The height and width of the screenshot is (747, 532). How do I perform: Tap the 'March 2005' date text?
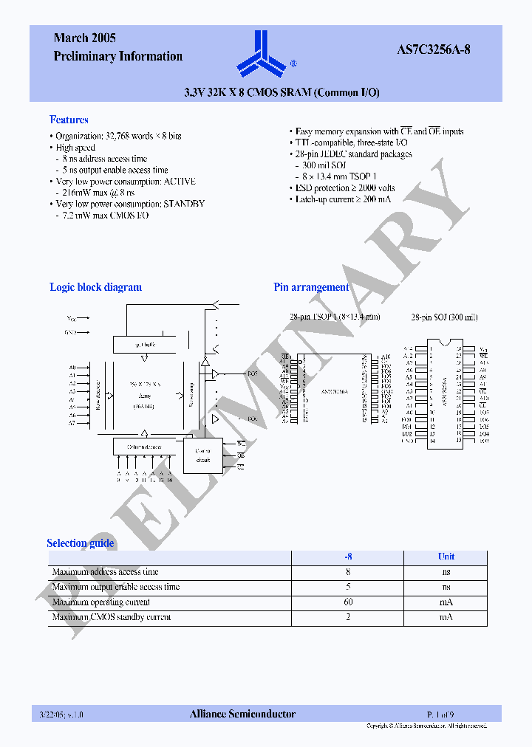84,38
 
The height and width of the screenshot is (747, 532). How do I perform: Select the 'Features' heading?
69,120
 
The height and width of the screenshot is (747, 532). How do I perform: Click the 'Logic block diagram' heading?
95,287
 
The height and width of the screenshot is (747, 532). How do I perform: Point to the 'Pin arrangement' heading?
311,287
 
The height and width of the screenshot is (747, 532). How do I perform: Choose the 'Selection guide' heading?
81,543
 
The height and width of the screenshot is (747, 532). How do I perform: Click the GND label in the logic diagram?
70,332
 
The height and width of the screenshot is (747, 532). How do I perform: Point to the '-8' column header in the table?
348,557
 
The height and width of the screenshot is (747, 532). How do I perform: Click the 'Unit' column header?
446,557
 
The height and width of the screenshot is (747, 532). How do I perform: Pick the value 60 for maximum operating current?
348,602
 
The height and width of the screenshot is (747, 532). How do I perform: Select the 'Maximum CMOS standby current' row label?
112,617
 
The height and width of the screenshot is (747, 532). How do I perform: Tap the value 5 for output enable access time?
348,587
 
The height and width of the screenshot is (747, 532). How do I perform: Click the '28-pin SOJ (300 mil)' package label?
445,317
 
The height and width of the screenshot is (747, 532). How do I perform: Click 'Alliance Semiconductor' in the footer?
242,714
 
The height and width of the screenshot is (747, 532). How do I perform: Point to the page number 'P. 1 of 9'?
441,714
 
